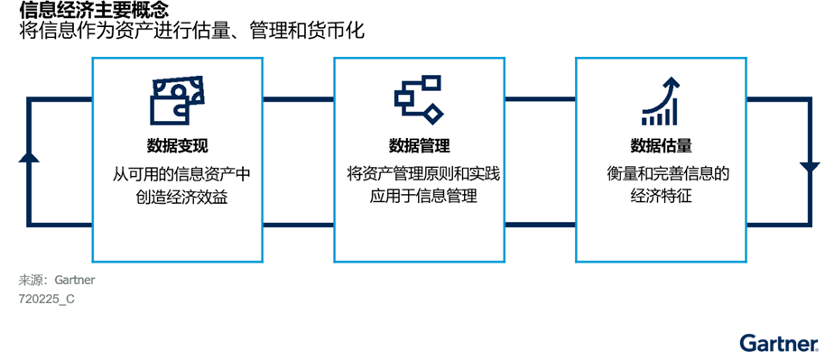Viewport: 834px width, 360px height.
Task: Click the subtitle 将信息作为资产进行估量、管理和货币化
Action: [191, 31]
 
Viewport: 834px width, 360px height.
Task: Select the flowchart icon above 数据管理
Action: [419, 97]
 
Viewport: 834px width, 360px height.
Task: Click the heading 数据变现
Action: [177, 146]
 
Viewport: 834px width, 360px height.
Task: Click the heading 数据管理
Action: [419, 146]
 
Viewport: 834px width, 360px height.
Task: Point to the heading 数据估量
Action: [661, 146]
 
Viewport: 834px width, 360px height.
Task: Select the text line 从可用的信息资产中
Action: [177, 173]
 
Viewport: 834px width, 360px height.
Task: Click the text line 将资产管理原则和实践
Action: [419, 173]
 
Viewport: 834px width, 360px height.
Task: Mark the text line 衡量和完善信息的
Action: [661, 173]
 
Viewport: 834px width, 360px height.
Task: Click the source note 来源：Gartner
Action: [56, 280]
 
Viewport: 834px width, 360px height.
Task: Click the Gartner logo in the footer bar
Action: [779, 343]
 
